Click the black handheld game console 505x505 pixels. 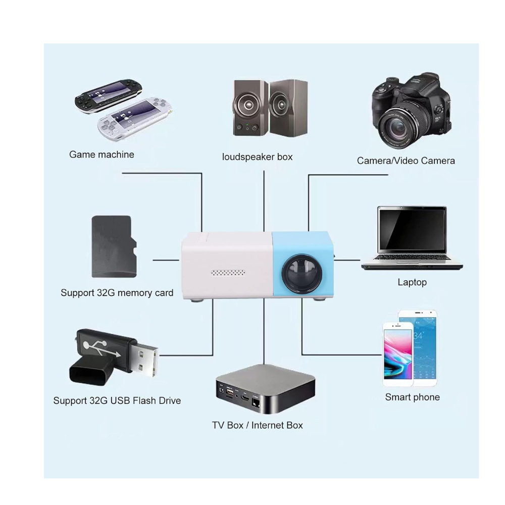point(108,95)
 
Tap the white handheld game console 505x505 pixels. point(135,119)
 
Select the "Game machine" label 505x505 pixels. point(102,155)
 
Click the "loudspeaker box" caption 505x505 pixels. point(258,157)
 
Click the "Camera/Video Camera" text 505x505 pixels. point(406,161)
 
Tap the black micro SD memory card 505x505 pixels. point(114,246)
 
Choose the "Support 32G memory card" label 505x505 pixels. point(117,293)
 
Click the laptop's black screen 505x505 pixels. point(412,229)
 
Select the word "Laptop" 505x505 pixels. point(412,282)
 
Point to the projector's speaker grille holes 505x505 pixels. point(228,273)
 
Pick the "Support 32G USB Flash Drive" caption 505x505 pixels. point(117,400)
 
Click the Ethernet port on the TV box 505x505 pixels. point(256,402)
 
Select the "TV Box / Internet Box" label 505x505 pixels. point(258,425)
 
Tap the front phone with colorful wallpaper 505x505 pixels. point(398,354)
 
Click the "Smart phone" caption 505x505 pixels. point(412,397)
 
